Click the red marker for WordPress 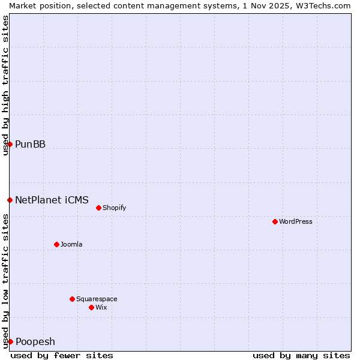(x=275, y=221)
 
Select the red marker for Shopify (x=98, y=208)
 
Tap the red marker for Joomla (x=56, y=244)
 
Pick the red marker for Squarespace (x=72, y=299)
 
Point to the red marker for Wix (x=91, y=307)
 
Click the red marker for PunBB (x=10, y=144)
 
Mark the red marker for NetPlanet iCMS (x=10, y=200)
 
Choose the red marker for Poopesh (x=10, y=341)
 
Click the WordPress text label (x=296, y=221)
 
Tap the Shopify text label (x=114, y=208)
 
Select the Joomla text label (x=71, y=244)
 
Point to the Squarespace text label (x=97, y=299)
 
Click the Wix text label (x=101, y=307)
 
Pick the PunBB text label (x=30, y=144)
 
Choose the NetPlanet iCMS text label (x=52, y=200)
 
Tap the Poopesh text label (x=35, y=341)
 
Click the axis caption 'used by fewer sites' (x=62, y=355)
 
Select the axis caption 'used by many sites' (x=301, y=355)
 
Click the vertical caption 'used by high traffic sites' (x=5, y=85)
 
